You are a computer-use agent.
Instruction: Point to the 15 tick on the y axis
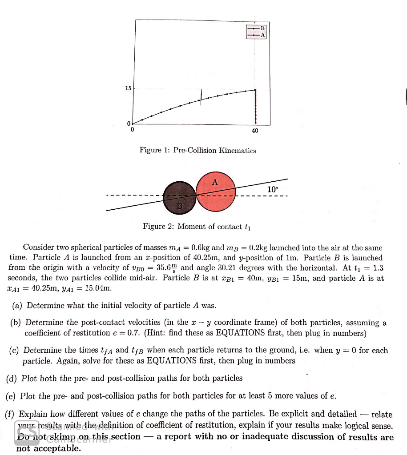coord(128,88)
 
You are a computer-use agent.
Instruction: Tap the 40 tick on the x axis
coord(255,131)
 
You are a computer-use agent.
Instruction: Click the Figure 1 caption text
coord(197,151)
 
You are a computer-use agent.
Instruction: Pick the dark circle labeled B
coord(179,198)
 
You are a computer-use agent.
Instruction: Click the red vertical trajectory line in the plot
coord(255,107)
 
